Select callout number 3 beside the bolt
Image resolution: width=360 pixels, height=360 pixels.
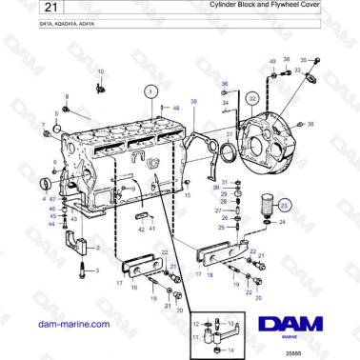(x=95, y=271)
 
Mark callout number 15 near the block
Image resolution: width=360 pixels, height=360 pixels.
(x=188, y=196)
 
